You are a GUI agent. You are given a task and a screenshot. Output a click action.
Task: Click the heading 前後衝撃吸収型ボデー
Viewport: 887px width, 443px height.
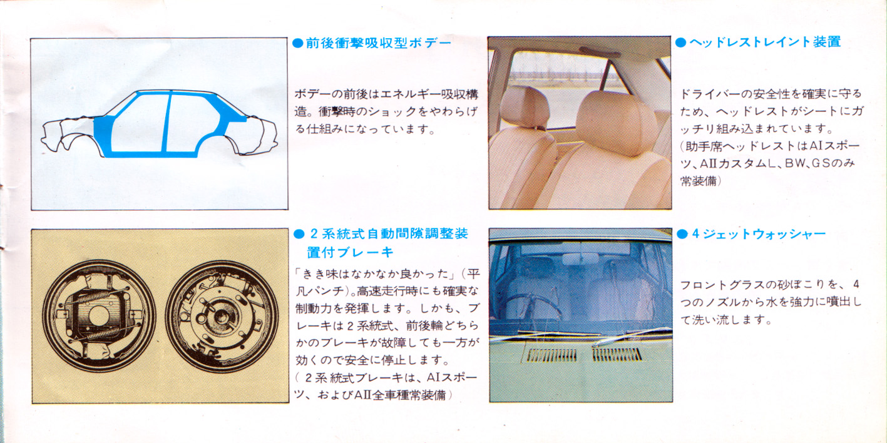[x=379, y=43]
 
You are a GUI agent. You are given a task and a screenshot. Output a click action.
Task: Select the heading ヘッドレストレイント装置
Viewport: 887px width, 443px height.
[x=765, y=42]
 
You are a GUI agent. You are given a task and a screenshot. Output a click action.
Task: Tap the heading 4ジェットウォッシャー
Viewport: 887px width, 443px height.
[x=759, y=234]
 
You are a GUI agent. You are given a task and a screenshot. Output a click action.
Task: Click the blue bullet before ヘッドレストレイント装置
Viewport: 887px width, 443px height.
[x=680, y=43]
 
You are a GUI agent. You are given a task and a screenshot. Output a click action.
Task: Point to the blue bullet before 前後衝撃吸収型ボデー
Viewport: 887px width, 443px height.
[x=298, y=43]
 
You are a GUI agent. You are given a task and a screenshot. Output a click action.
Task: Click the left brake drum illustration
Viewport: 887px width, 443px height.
[x=99, y=315]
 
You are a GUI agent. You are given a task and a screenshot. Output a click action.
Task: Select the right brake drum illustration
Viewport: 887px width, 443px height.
[x=222, y=317]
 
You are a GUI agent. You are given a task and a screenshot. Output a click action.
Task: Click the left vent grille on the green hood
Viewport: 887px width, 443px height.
[x=551, y=355]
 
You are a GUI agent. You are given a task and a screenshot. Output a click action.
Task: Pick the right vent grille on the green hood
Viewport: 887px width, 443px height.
[x=617, y=354]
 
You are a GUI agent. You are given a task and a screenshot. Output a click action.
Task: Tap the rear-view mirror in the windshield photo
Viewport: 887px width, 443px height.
[x=580, y=259]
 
